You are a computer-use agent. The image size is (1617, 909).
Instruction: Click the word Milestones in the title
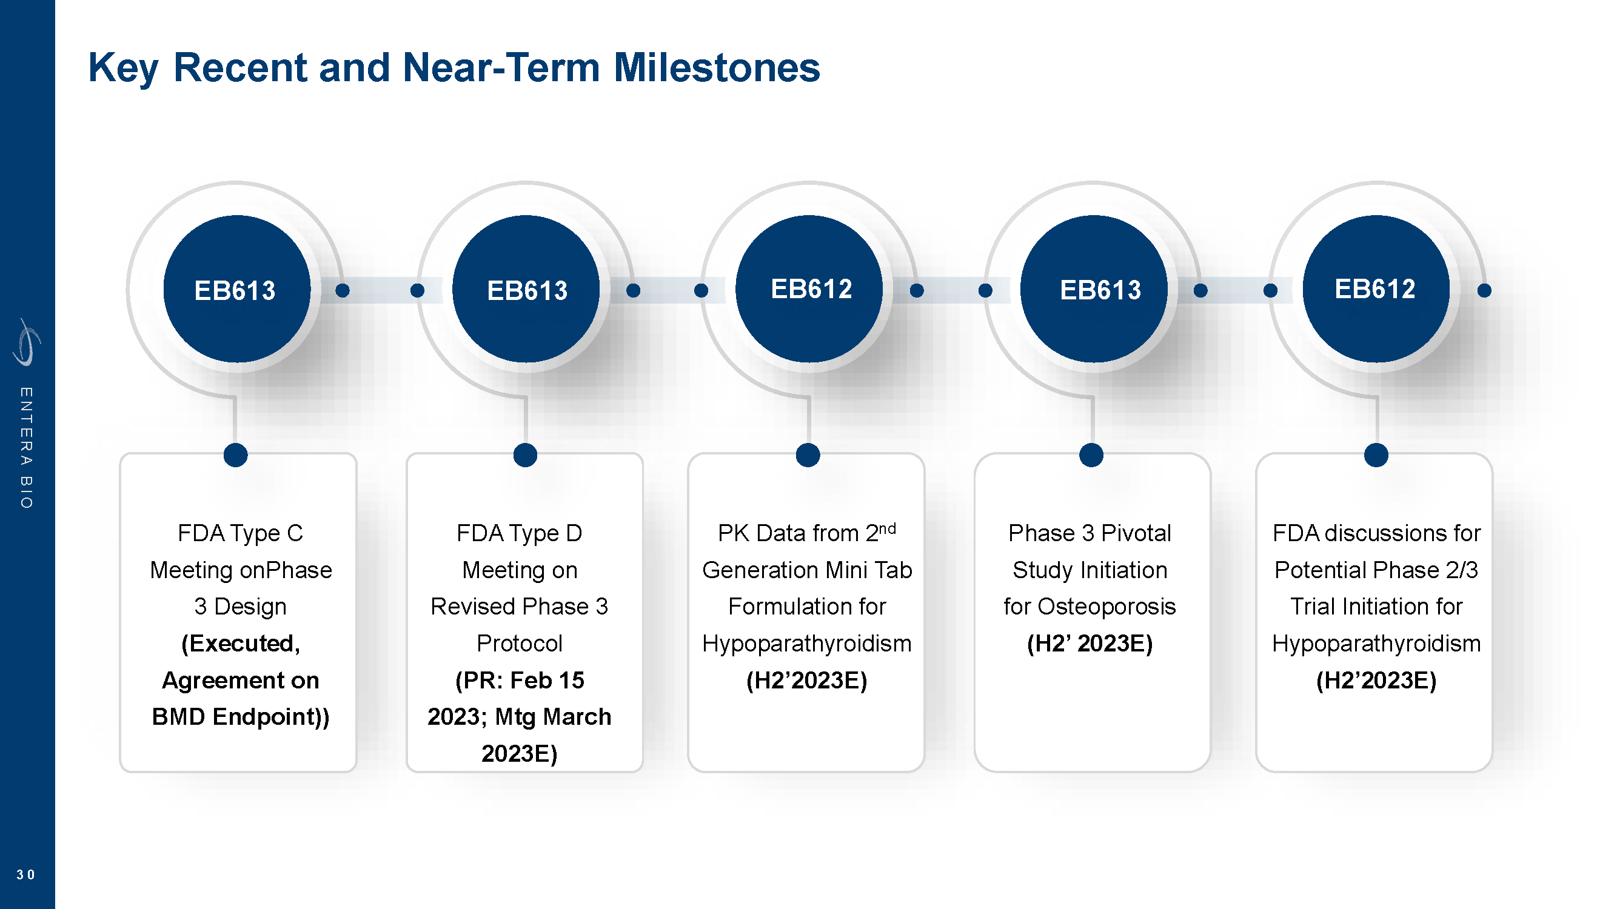pos(716,68)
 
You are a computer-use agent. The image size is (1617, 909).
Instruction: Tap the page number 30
pos(25,874)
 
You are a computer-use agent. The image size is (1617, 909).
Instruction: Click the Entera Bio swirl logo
pos(26,342)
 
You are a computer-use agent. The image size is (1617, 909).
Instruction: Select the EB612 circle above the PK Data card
pos(809,289)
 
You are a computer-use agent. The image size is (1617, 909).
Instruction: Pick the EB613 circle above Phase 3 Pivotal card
pos(1094,289)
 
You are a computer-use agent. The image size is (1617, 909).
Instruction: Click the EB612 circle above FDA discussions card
pos(1376,289)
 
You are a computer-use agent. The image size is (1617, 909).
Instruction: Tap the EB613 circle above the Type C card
pos(236,289)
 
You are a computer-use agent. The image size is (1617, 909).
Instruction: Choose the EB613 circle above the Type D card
pos(526,289)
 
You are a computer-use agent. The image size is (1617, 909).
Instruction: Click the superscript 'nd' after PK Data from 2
pos(887,528)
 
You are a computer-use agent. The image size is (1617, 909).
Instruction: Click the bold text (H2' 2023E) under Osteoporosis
pos(1090,644)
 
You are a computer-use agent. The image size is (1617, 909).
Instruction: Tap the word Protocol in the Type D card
pos(519,644)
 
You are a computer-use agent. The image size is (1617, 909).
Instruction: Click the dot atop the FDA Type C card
pos(235,455)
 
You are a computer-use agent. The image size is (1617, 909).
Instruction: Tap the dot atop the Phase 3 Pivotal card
pos(1091,455)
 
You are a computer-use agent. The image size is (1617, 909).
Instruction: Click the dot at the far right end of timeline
pos(1484,290)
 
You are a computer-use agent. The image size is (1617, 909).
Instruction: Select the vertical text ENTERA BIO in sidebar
pos(25,447)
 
